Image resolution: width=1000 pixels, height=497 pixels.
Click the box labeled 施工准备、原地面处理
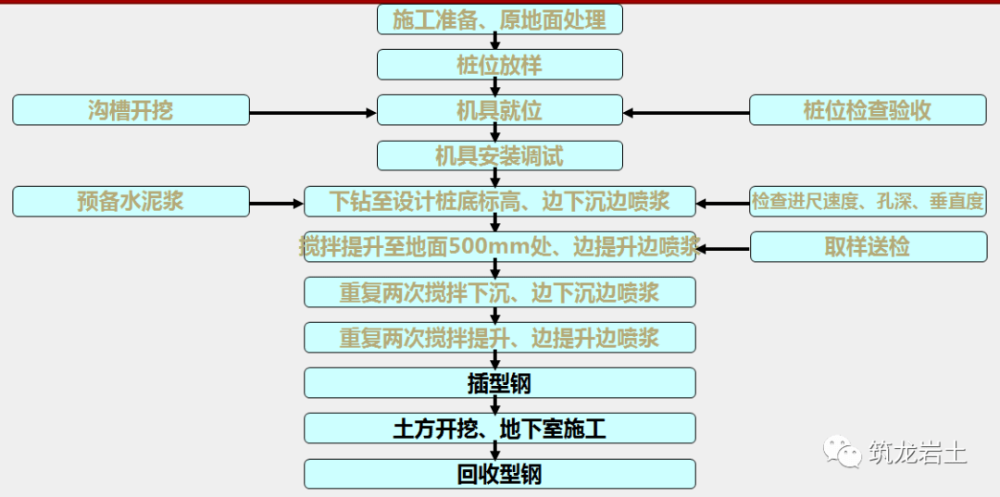[499, 19]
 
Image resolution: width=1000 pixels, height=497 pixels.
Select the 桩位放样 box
[499, 65]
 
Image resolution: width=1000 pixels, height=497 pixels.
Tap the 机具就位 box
[499, 110]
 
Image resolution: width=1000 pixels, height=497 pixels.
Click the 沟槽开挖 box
[131, 110]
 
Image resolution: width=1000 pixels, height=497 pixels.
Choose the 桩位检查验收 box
[868, 110]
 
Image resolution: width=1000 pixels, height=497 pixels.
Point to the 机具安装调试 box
[499, 155]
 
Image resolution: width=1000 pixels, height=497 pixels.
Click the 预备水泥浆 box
[131, 202]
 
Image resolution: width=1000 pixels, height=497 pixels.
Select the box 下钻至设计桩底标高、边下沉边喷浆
[499, 202]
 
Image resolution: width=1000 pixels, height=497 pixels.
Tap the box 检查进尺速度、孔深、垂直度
[868, 202]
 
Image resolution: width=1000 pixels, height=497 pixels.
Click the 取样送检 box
[868, 246]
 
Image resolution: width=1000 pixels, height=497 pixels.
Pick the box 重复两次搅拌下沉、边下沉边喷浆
[499, 292]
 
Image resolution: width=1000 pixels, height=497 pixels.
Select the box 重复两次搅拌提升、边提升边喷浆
[499, 338]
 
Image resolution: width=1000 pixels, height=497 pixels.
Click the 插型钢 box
[499, 383]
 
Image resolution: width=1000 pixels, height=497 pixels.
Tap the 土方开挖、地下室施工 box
[499, 429]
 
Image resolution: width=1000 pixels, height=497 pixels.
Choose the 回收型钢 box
[499, 474]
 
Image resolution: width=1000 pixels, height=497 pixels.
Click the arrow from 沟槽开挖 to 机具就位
[313, 113]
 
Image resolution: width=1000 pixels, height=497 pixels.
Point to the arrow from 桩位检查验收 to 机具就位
[686, 113]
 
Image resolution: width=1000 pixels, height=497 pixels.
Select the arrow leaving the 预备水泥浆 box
[276, 204]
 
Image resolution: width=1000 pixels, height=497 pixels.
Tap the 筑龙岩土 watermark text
[917, 453]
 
